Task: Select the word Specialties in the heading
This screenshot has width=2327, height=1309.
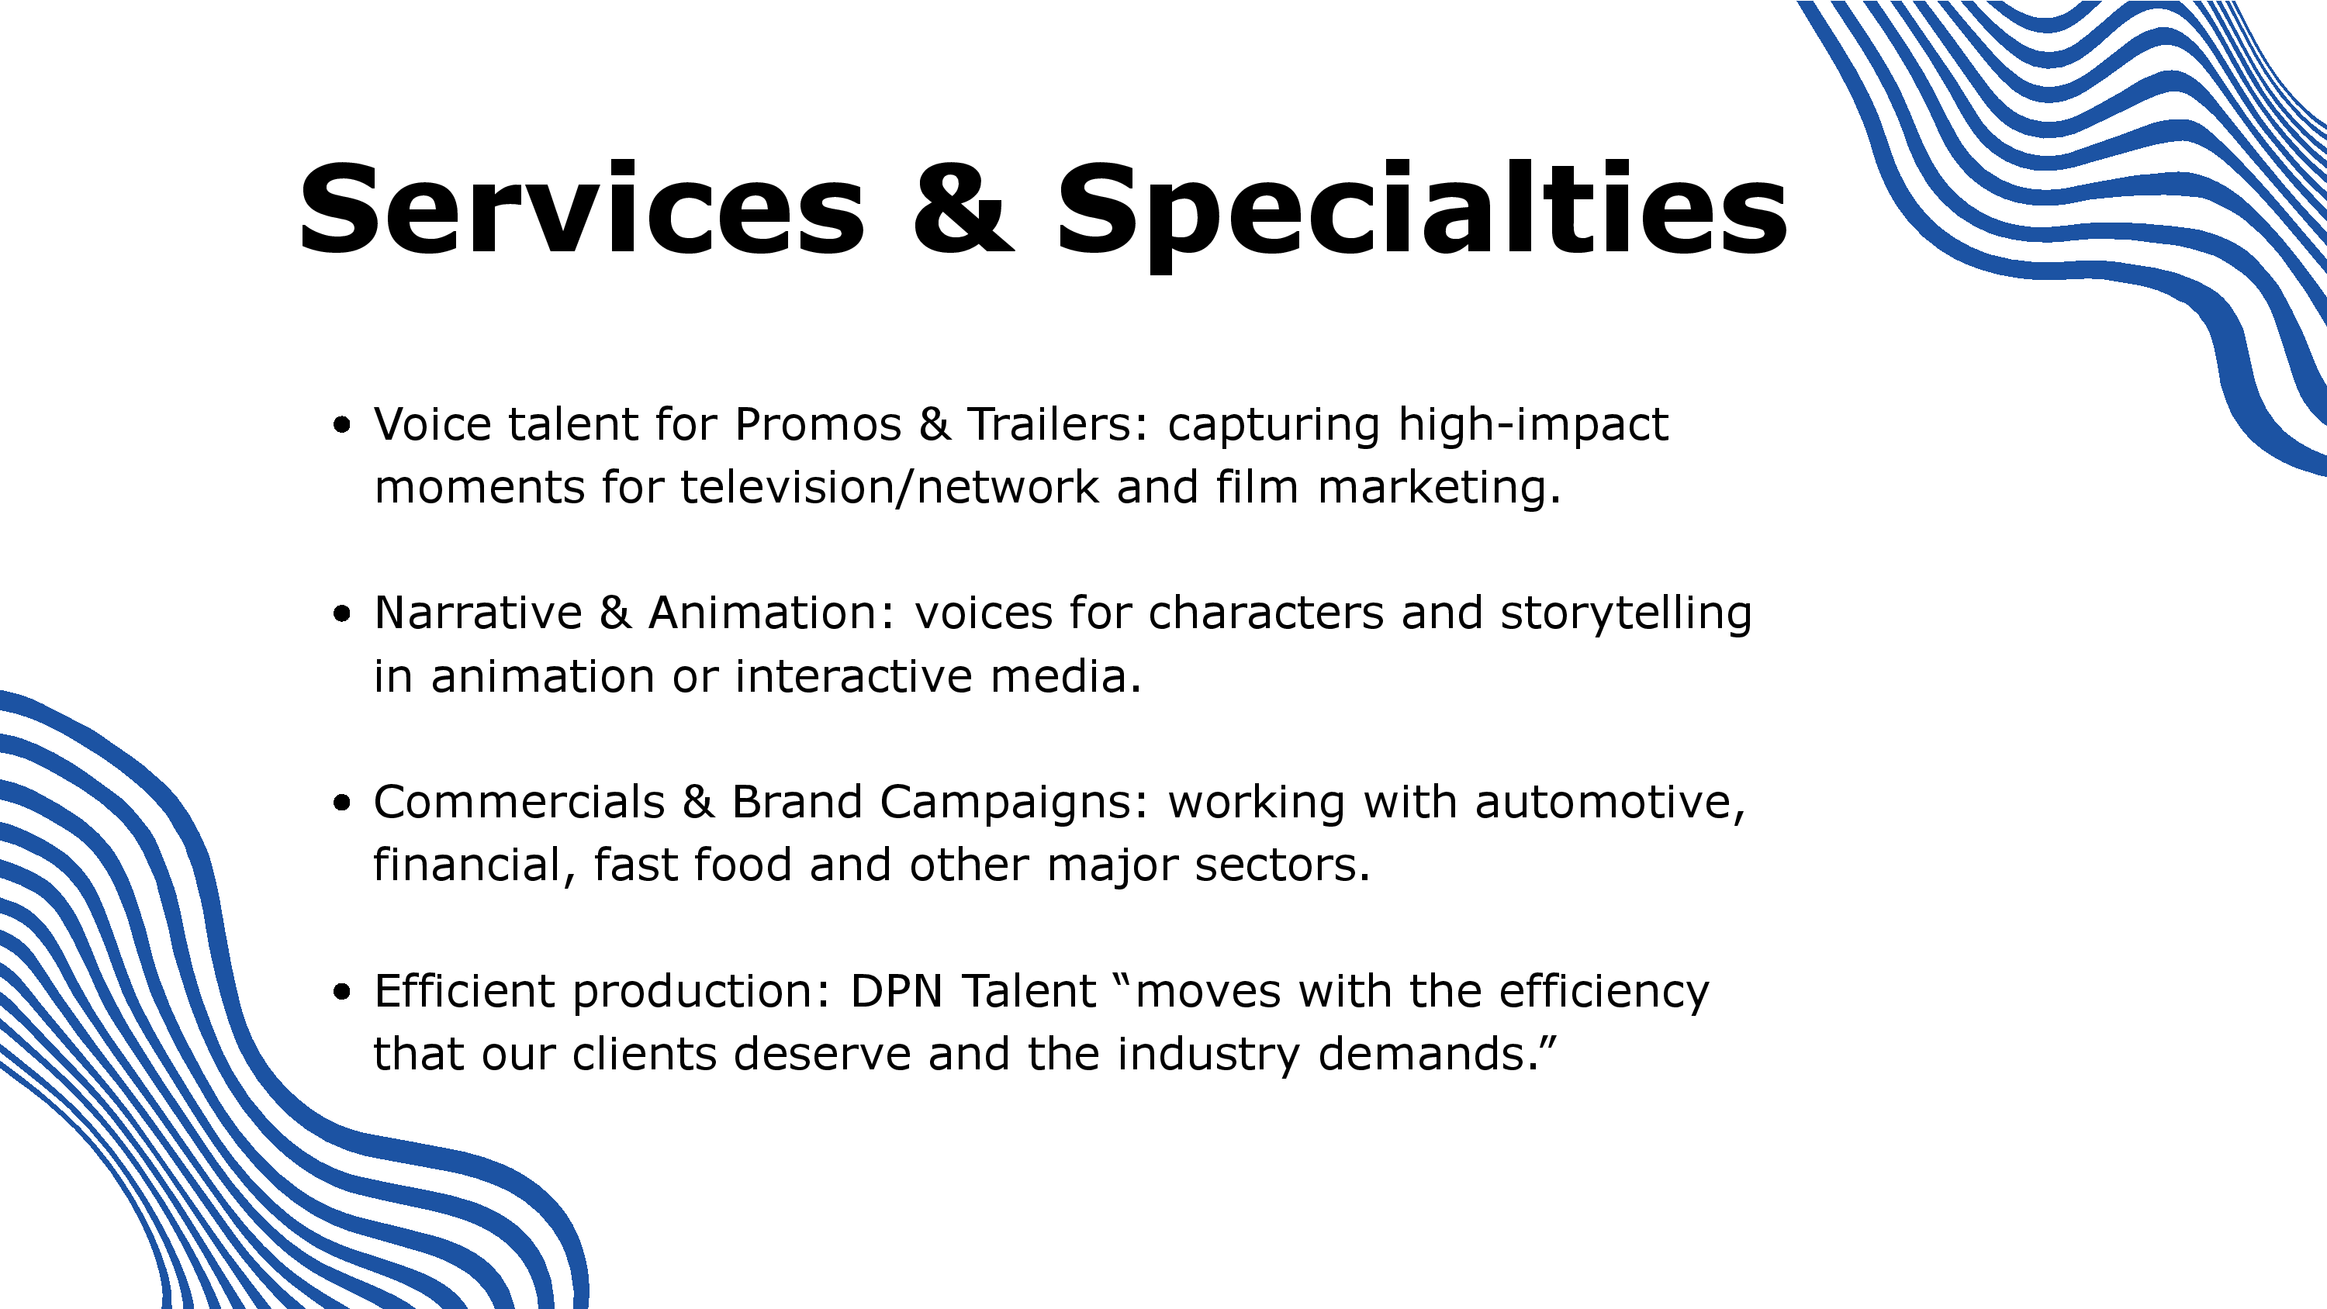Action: click(1422, 215)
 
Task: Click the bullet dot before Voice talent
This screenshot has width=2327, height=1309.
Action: click(341, 425)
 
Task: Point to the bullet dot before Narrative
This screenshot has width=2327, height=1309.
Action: click(341, 614)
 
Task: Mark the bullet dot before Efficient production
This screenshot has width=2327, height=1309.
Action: click(341, 992)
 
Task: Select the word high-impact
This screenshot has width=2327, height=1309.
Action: click(1533, 426)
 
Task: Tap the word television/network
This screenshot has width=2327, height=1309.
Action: click(890, 487)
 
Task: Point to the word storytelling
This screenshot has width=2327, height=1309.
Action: click(1626, 614)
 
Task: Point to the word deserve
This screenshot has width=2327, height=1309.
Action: click(822, 1054)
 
